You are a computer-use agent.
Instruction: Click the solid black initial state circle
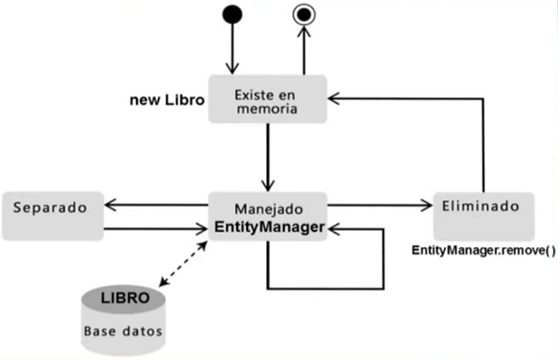[x=233, y=14]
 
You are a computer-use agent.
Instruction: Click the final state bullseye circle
[x=305, y=14]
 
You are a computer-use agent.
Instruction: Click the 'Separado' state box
[x=50, y=215]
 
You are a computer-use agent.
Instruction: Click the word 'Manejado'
[x=267, y=207]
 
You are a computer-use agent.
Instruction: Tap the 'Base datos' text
[x=123, y=330]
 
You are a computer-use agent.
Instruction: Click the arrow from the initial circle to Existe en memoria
[x=233, y=50]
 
